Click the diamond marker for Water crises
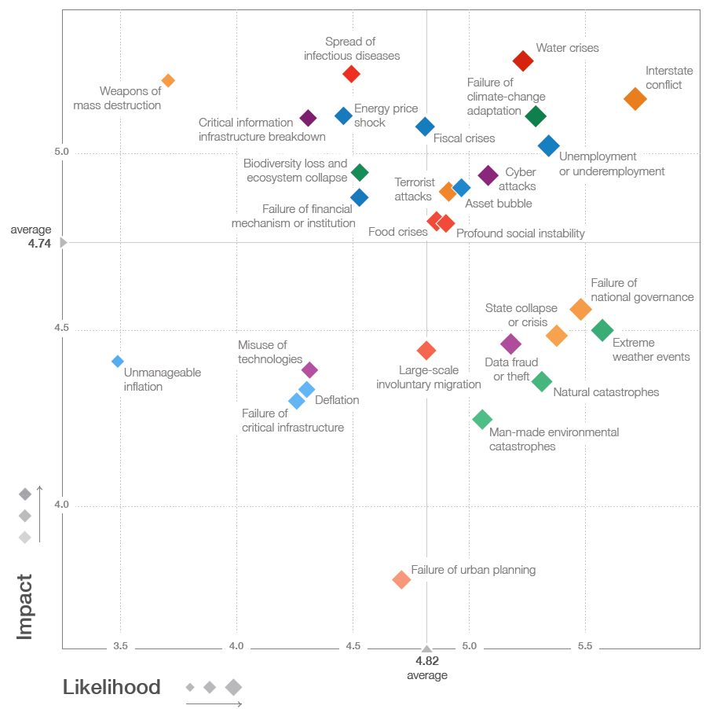pyautogui.click(x=523, y=61)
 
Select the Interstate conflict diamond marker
pyautogui.click(x=635, y=98)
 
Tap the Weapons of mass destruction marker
pyautogui.click(x=168, y=80)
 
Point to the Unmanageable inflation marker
pyautogui.click(x=118, y=362)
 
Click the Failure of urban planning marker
pyautogui.click(x=401, y=579)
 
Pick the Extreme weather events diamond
pyautogui.click(x=602, y=330)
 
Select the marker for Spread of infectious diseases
pyautogui.click(x=352, y=74)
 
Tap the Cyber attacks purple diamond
pyautogui.click(x=488, y=175)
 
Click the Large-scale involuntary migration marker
pyautogui.click(x=426, y=350)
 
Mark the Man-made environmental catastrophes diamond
pyautogui.click(x=482, y=419)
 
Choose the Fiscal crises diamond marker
pyautogui.click(x=425, y=127)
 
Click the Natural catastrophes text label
pyautogui.click(x=606, y=392)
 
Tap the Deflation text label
pyautogui.click(x=337, y=400)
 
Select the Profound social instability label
pyautogui.click(x=520, y=233)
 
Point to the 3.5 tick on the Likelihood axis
pyautogui.click(x=120, y=646)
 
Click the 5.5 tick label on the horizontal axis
pyautogui.click(x=585, y=646)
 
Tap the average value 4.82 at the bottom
pyautogui.click(x=426, y=661)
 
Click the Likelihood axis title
pyautogui.click(x=112, y=688)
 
